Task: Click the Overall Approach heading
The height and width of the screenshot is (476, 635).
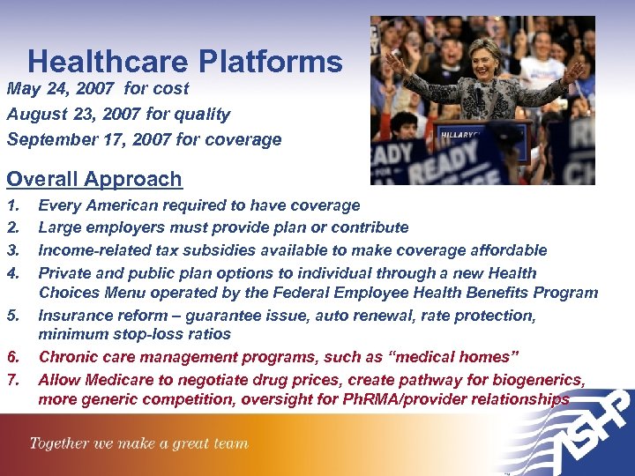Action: (94, 179)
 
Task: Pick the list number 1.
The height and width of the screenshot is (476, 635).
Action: (11, 205)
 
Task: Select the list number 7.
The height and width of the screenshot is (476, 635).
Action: (11, 380)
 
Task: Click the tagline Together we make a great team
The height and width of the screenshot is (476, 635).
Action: (138, 443)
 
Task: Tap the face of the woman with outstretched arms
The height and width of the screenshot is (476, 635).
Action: (484, 55)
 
